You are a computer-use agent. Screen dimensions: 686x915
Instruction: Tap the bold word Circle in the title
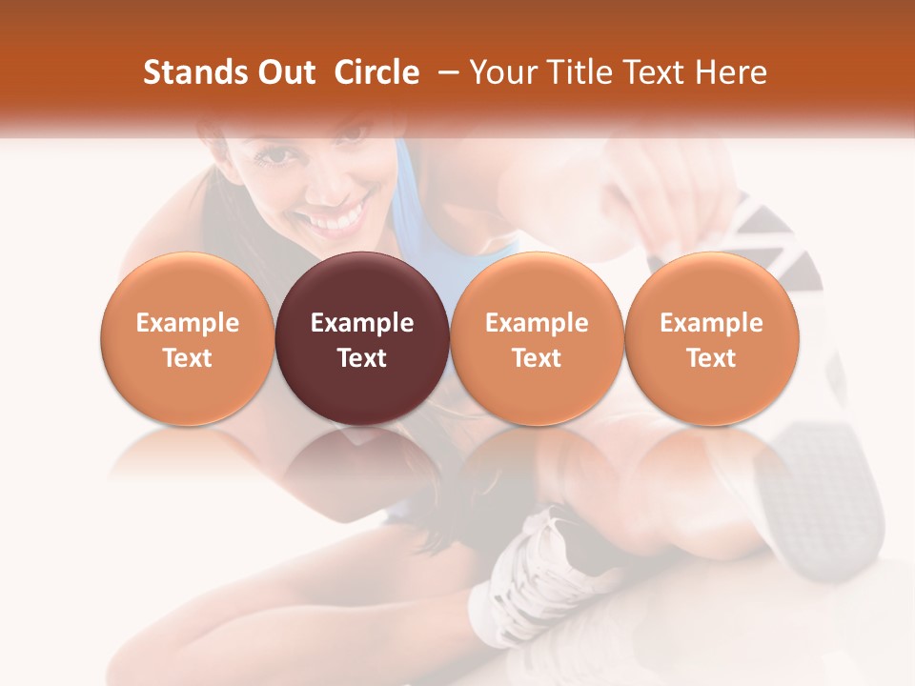376,72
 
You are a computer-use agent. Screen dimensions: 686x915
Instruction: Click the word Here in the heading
732,72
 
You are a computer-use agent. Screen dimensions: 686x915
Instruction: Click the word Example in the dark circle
362,323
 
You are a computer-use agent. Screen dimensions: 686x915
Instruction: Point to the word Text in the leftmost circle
188,358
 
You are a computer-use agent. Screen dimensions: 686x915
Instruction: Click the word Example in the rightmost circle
711,323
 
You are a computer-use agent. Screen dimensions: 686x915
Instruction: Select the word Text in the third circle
537,358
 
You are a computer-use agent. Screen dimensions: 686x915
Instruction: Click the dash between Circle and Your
444,72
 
